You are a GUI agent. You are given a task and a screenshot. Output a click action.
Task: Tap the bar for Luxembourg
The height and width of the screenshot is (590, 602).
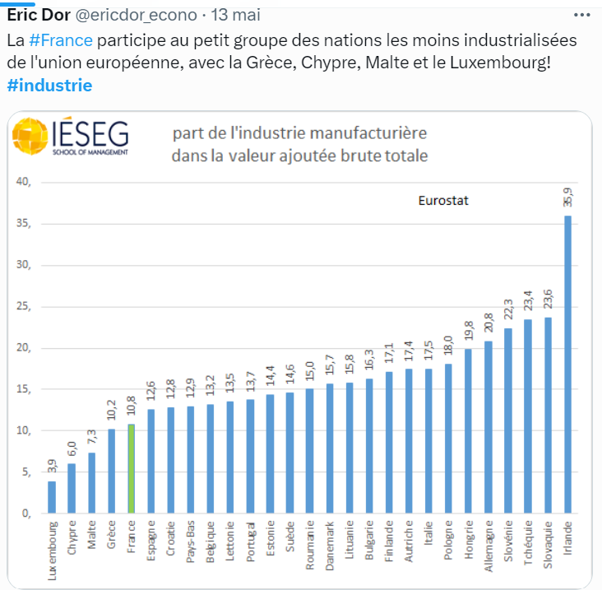pyautogui.click(x=52, y=497)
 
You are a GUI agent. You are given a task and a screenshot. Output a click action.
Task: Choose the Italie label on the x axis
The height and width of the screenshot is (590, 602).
pyautogui.click(x=429, y=542)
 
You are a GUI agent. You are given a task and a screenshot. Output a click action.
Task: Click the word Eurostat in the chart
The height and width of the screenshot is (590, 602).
pyautogui.click(x=442, y=200)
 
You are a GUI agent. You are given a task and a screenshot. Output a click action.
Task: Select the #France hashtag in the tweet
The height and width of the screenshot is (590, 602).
pyautogui.click(x=61, y=40)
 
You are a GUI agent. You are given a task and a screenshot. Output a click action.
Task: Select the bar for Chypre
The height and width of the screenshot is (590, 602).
pyautogui.click(x=72, y=489)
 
